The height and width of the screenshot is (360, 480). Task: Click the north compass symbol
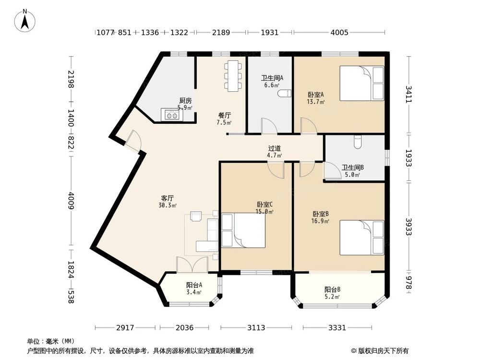25,21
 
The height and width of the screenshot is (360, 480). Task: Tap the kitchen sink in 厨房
172,115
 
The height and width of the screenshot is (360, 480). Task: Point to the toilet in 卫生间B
358,142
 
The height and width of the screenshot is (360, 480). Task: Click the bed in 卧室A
362,83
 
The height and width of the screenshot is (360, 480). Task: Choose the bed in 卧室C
243,230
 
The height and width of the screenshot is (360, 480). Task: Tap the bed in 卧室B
362,238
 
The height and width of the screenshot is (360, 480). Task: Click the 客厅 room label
168,198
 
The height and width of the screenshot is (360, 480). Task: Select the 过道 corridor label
274,148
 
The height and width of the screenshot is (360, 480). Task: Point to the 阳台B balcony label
333,289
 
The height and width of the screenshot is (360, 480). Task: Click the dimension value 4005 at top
339,32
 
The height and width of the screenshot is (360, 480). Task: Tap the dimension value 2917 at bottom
125,327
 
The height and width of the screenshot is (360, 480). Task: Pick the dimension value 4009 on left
71,201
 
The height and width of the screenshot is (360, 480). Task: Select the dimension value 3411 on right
408,95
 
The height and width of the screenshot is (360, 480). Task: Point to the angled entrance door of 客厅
133,141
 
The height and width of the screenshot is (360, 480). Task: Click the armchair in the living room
196,216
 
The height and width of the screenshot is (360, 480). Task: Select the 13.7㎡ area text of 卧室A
316,102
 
